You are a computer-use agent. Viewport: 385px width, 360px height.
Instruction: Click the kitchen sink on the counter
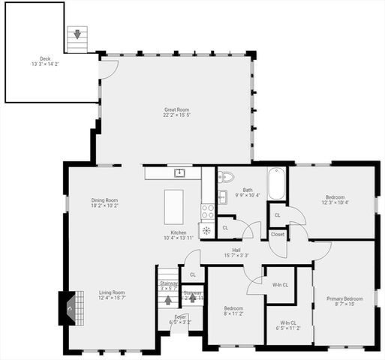179,173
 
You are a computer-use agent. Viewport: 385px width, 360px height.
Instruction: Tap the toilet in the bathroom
226,178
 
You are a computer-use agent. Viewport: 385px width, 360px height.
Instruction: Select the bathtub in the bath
277,184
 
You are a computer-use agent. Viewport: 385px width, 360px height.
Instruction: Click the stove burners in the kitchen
208,211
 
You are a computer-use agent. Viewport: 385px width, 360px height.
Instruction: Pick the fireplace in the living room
68,307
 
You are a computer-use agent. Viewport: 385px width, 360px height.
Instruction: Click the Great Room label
178,110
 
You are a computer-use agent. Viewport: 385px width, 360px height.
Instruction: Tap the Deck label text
46,58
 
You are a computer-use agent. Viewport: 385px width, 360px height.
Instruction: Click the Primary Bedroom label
344,298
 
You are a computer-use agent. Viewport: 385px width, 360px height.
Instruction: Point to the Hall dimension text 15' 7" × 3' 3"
236,256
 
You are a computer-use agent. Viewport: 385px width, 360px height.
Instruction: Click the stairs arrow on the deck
76,34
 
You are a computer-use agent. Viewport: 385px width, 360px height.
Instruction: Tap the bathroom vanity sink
223,197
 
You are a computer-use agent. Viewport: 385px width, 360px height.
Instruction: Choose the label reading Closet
278,234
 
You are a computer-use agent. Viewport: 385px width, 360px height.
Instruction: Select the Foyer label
180,316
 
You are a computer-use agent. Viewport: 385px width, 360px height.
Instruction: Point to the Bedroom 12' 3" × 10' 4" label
335,202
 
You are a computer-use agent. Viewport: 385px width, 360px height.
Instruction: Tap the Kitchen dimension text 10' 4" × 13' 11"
179,238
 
